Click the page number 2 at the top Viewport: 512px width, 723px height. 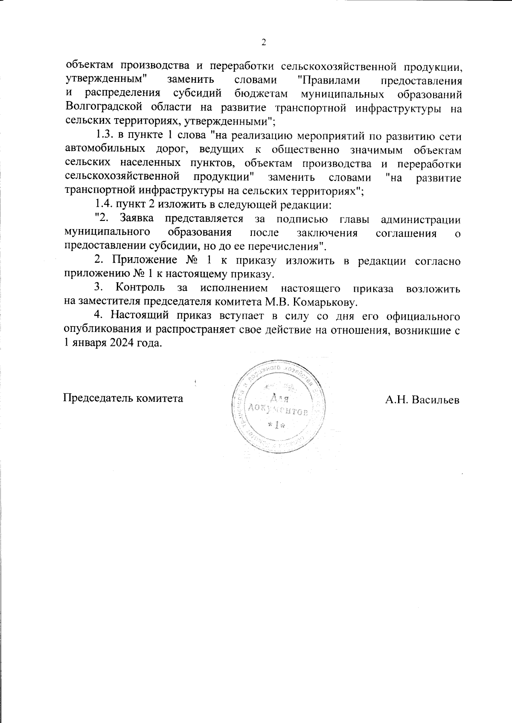point(263,42)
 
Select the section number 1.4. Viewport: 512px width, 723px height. point(104,206)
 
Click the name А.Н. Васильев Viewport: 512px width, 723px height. point(422,399)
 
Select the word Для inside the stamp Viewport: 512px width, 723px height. point(279,399)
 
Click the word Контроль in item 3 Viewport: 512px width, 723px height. point(140,288)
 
